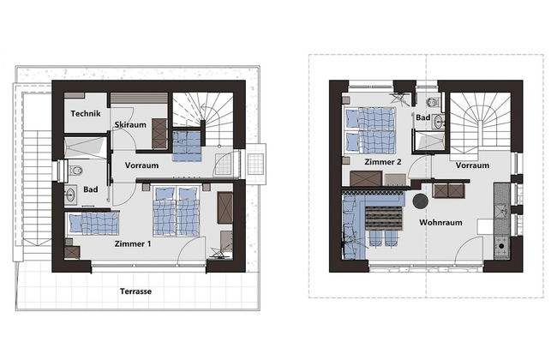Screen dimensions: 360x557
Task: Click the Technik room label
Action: pyautogui.click(x=87, y=115)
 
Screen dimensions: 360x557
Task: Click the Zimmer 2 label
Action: pyautogui.click(x=382, y=162)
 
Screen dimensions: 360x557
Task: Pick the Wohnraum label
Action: pyautogui.click(x=441, y=222)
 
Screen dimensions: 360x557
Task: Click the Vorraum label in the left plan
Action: pyautogui.click(x=142, y=165)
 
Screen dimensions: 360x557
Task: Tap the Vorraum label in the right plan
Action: pyautogui.click(x=472, y=165)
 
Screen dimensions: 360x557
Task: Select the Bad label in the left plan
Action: pyautogui.click(x=91, y=189)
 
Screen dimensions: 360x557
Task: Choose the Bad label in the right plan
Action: pyautogui.click(x=423, y=118)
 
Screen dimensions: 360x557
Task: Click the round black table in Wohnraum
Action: pyautogui.click(x=421, y=201)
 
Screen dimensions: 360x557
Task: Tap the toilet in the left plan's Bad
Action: pyautogui.click(x=75, y=169)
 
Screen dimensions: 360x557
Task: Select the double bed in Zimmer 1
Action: pyautogui.click(x=176, y=210)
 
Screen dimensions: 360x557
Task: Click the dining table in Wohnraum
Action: pyautogui.click(x=380, y=219)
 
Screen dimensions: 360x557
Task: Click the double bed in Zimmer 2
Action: pyautogui.click(x=368, y=128)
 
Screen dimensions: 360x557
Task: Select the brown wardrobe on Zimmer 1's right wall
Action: pyautogui.click(x=226, y=207)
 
